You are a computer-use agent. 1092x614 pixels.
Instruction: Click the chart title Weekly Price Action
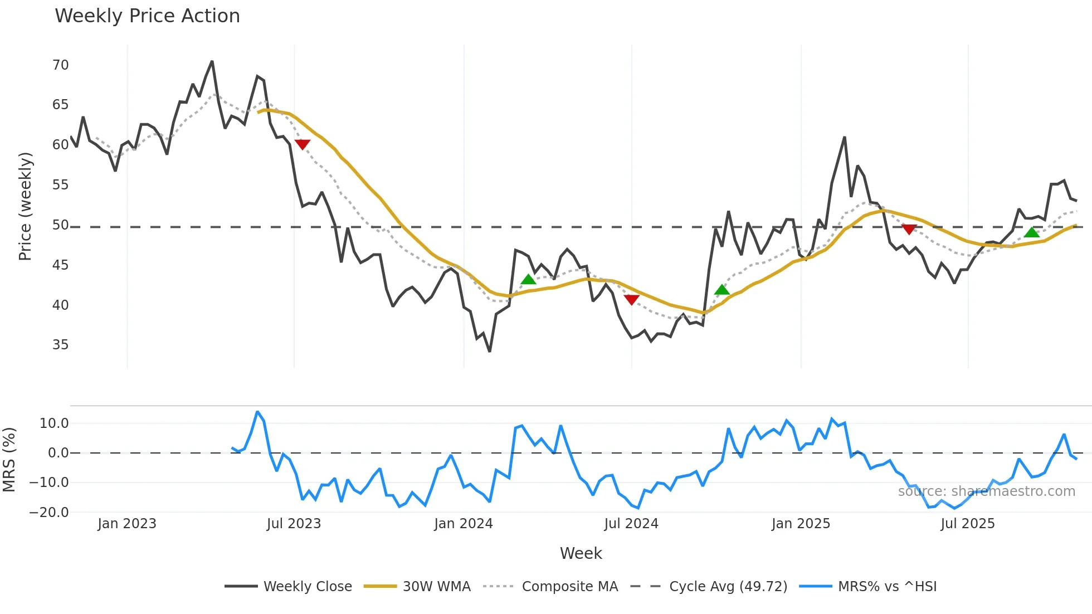(x=147, y=16)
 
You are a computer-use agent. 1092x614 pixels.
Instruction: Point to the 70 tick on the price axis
(x=60, y=65)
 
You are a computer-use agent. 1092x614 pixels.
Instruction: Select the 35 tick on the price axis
(x=60, y=345)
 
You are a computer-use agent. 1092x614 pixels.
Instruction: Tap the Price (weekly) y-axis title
(x=25, y=206)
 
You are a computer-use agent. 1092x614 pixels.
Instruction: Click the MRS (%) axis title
(x=9, y=460)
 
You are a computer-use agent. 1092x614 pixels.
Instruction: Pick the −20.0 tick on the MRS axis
(x=49, y=512)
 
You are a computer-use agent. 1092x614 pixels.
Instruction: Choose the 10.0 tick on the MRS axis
(x=54, y=423)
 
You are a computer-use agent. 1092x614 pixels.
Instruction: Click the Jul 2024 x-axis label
(x=631, y=524)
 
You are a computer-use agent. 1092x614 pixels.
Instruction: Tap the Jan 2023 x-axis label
(x=126, y=524)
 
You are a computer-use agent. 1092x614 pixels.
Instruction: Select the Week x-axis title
(x=581, y=553)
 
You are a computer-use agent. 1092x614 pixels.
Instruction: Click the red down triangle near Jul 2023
(x=302, y=144)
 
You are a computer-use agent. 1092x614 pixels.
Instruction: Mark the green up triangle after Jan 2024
(x=528, y=280)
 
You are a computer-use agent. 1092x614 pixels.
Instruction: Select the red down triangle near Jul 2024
(x=631, y=300)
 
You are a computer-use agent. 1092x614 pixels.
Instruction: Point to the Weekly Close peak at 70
(x=212, y=62)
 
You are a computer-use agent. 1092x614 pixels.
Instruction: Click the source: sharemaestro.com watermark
(x=986, y=491)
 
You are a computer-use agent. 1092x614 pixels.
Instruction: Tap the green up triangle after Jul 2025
(x=1032, y=232)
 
